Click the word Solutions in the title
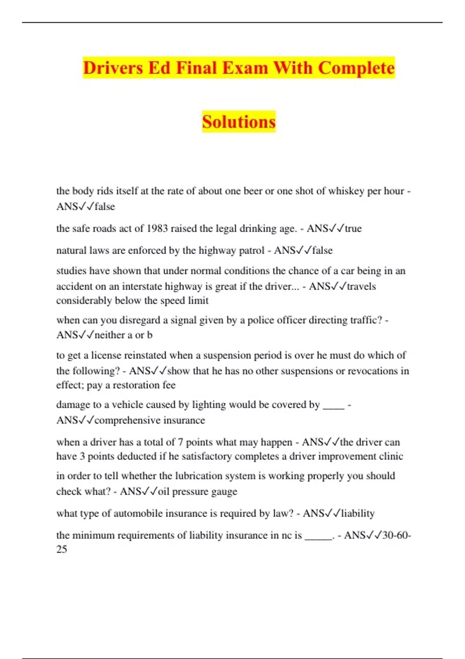click(239, 122)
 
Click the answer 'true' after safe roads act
click(353, 228)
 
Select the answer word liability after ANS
click(358, 513)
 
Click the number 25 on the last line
click(62, 549)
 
